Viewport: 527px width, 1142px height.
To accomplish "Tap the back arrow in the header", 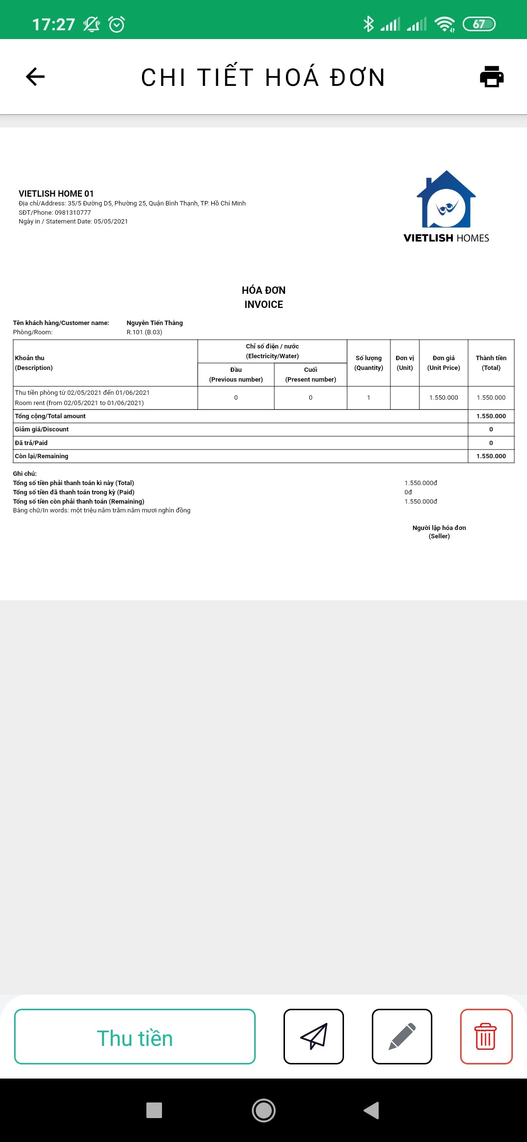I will coord(35,77).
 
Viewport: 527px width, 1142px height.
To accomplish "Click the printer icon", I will coord(491,77).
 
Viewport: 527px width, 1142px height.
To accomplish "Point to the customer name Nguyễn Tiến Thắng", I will coord(155,323).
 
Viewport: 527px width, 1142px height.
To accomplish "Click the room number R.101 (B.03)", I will coord(144,332).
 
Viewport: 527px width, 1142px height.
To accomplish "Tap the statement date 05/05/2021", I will coord(111,222).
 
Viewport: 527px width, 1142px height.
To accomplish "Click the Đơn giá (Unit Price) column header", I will coord(444,363).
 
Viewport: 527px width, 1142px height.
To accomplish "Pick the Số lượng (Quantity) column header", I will coord(368,363).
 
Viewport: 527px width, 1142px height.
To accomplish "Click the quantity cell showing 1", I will coord(368,398).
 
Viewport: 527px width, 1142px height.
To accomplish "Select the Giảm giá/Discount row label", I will coord(42,429).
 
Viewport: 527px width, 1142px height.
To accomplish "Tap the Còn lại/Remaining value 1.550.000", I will coord(491,456).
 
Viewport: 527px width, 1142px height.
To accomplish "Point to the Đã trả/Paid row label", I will coord(31,443).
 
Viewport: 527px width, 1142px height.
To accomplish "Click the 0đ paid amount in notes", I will coord(408,492).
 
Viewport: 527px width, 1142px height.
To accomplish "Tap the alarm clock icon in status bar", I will coord(117,24).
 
